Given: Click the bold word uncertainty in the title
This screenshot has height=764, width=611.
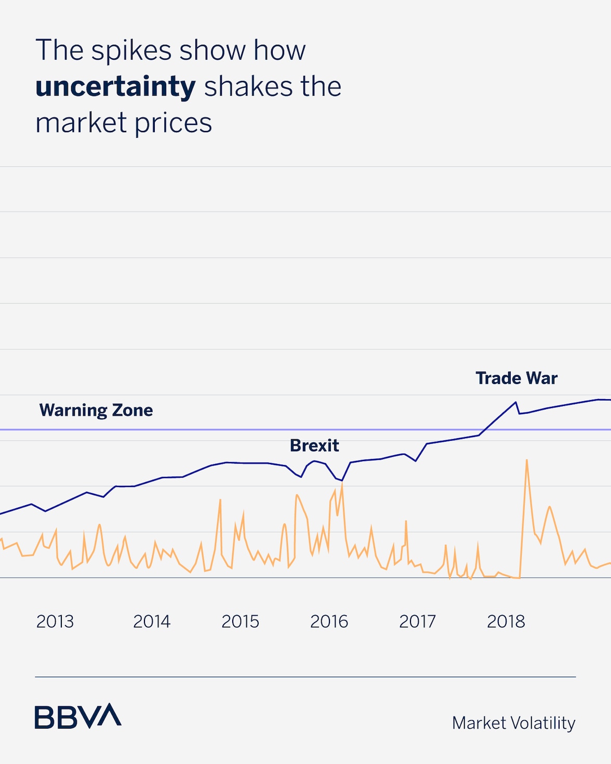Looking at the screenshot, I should (115, 86).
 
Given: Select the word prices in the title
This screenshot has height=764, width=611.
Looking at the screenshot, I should (173, 123).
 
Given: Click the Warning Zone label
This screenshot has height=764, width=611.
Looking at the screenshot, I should (96, 410).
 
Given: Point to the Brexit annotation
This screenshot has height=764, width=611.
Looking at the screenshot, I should (314, 445).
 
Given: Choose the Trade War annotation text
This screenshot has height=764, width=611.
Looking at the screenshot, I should (516, 378).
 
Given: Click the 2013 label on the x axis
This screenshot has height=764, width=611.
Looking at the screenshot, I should (55, 622).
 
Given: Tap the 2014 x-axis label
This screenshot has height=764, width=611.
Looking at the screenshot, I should (152, 622).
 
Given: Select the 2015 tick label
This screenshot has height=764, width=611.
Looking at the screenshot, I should (240, 622).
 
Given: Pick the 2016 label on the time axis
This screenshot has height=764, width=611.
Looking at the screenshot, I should (329, 622).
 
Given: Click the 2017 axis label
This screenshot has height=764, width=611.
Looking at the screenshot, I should (417, 622).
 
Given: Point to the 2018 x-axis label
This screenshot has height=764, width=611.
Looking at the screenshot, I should (506, 622).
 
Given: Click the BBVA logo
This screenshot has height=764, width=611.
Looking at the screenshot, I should (78, 716).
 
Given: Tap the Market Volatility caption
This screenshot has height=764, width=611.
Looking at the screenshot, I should (513, 723).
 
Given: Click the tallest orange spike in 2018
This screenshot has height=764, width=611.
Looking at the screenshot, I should (527, 460).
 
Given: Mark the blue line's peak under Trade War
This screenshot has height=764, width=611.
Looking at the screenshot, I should (516, 402).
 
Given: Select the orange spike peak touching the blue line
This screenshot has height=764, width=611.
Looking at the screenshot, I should (342, 483).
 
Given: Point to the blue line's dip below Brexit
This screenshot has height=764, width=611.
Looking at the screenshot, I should (341, 480).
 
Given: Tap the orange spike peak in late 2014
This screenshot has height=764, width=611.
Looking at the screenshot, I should (220, 499).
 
